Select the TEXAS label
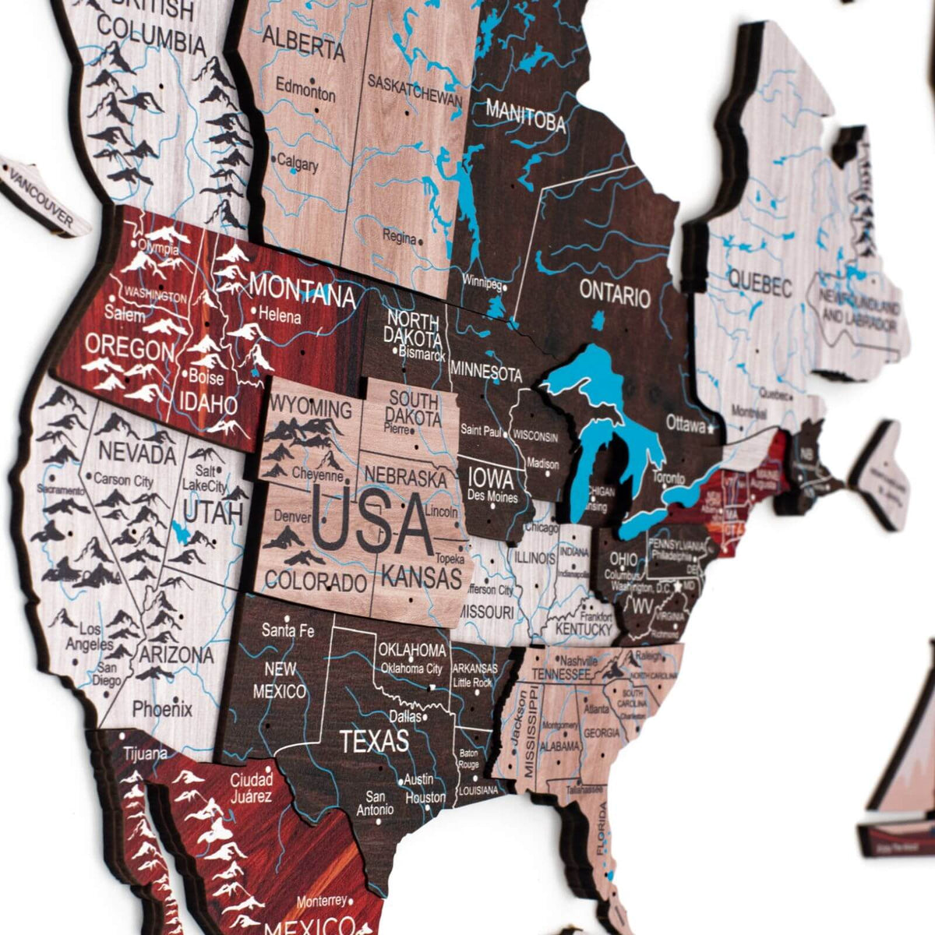click(375, 740)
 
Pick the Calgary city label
click(297, 164)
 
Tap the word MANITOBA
click(525, 117)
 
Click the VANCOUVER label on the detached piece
click(39, 199)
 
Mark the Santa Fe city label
click(288, 630)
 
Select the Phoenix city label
click(162, 709)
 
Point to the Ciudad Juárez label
click(251, 787)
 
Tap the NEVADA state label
click(137, 452)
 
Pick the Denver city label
click(292, 517)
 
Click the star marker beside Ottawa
click(711, 427)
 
